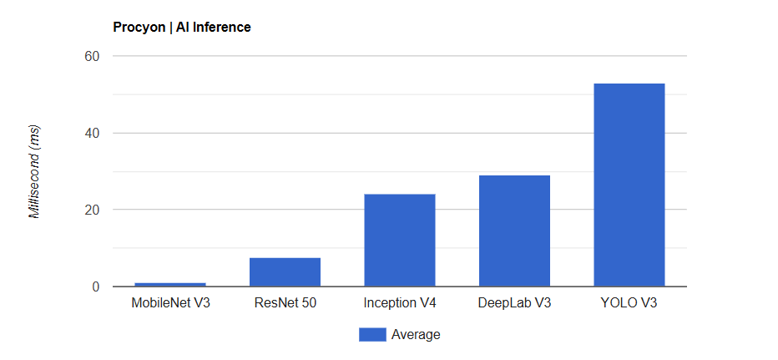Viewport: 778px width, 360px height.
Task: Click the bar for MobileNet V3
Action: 170,285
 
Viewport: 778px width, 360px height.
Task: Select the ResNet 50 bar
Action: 285,272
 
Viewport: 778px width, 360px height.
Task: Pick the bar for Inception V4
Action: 399,241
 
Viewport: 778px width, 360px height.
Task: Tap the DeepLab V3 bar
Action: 514,231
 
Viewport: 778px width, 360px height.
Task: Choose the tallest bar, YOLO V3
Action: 629,185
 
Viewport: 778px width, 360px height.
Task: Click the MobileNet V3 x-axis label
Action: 170,303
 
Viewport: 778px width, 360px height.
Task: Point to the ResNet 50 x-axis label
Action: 285,303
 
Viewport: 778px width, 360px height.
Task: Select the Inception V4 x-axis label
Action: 399,303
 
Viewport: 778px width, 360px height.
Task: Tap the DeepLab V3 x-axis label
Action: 514,303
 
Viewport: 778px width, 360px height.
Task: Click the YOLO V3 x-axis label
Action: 629,303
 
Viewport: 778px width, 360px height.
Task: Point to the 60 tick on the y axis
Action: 91,57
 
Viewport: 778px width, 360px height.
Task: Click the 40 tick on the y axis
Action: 91,134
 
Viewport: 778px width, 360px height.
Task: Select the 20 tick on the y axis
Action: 91,210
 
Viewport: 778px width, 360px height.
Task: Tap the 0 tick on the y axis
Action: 95,287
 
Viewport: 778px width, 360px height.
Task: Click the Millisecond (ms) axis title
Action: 34,172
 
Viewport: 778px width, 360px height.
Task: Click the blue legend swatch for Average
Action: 372,335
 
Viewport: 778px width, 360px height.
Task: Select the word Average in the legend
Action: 415,335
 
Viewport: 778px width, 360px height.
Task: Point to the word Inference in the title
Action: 221,28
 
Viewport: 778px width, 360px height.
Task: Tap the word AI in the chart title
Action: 181,28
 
